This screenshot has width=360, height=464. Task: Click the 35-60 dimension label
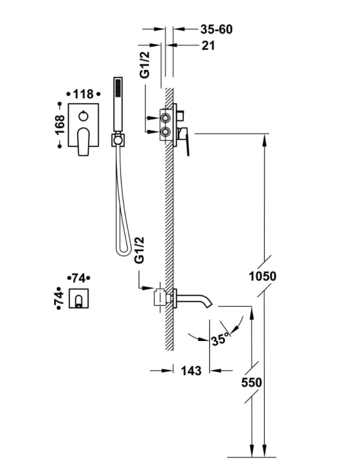point(217,30)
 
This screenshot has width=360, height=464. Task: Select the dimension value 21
point(208,45)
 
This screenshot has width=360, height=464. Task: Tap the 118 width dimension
point(83,94)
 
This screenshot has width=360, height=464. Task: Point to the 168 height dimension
point(60,125)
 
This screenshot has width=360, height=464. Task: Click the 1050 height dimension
point(263,276)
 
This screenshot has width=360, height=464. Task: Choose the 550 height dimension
point(251,383)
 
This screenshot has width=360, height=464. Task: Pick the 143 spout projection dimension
point(191,371)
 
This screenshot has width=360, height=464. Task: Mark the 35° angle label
point(220,339)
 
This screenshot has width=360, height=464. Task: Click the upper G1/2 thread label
point(145,64)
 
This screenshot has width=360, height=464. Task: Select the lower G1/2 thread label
point(139,250)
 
